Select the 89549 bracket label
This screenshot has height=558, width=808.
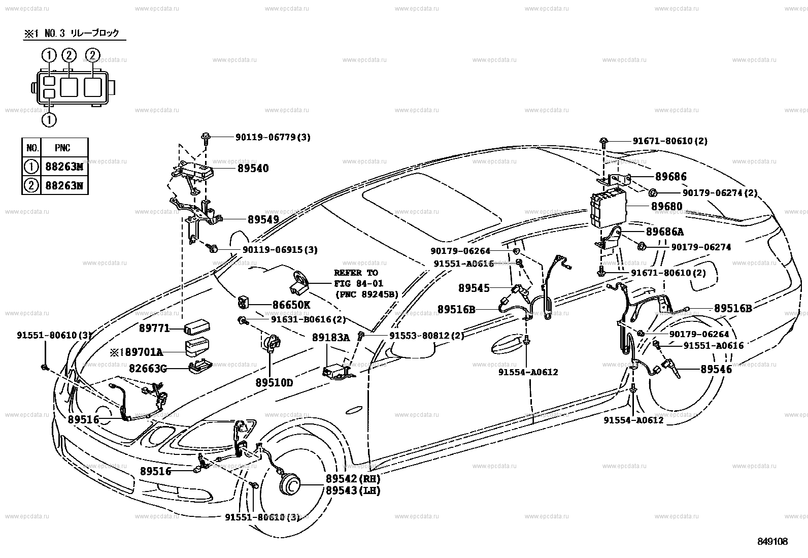[x=263, y=220]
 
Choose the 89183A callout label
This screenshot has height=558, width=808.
[x=331, y=337]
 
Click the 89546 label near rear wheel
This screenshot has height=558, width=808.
[x=716, y=370]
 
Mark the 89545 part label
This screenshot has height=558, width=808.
[x=474, y=288]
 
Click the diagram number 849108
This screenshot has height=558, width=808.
[x=773, y=542]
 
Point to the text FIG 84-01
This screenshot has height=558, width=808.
[x=358, y=283]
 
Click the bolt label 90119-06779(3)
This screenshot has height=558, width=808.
[x=273, y=137]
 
